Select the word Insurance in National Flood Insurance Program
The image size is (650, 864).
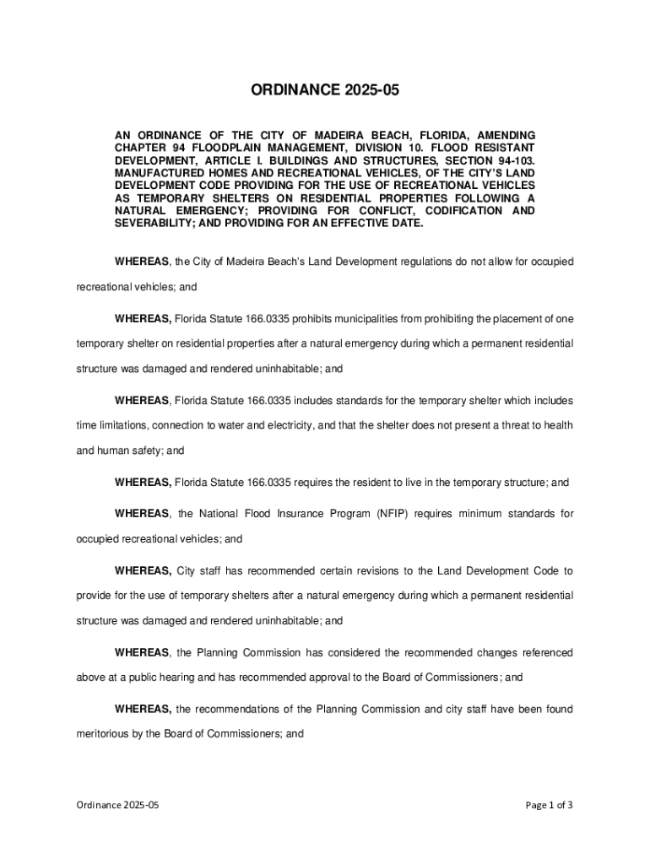coord(298,513)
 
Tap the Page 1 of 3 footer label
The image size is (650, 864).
coord(549,805)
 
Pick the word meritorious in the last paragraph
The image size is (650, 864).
coord(104,734)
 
